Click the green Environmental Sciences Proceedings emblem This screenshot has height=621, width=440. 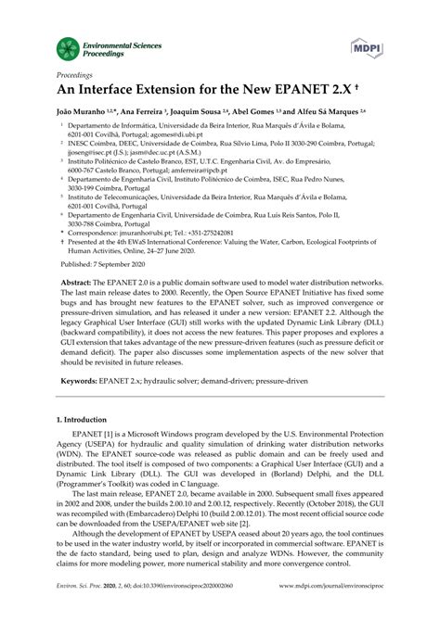tap(67, 46)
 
